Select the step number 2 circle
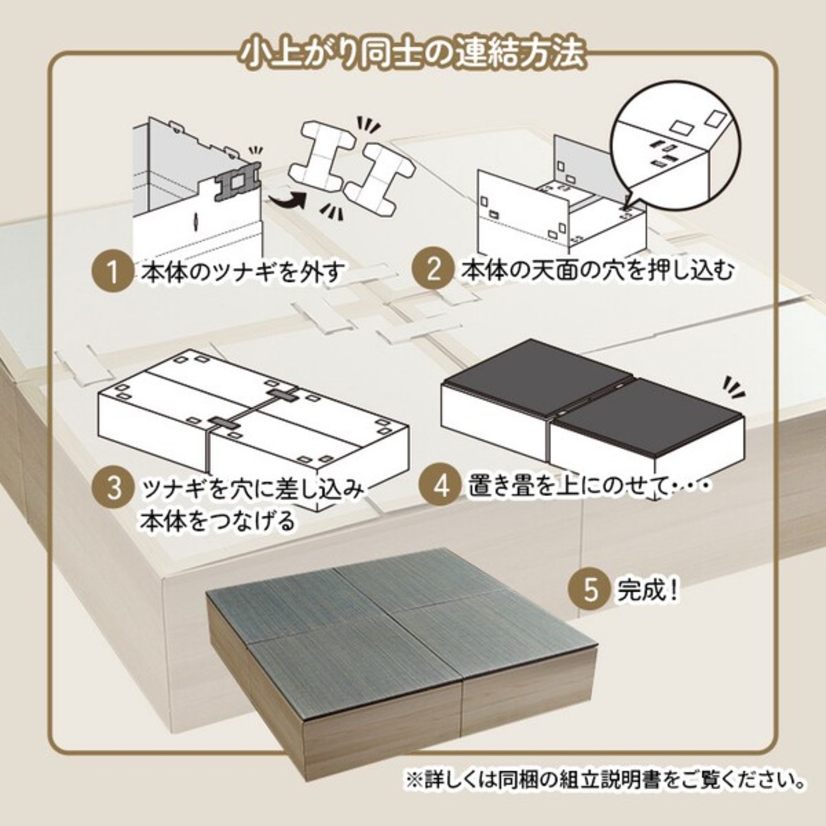pyautogui.click(x=432, y=271)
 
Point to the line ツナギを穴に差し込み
pyautogui.click(x=253, y=489)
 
